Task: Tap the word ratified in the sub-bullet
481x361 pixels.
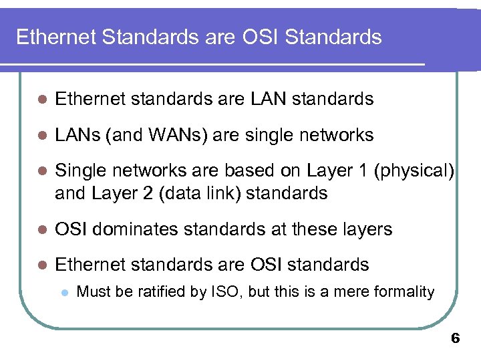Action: (151, 292)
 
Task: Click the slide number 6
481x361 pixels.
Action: (456, 339)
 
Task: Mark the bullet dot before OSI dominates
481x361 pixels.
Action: (41, 230)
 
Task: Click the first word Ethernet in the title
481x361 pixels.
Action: (55, 37)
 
